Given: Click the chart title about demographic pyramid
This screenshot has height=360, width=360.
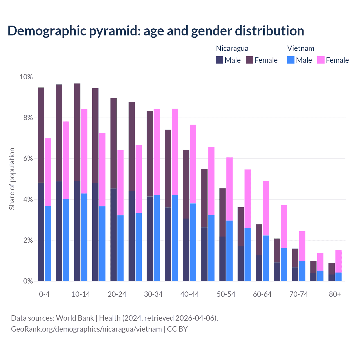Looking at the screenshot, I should pyautogui.click(x=156, y=31).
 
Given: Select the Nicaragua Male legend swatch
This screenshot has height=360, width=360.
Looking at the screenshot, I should pyautogui.click(x=219, y=60).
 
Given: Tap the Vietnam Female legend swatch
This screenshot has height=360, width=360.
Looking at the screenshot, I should pyautogui.click(x=321, y=60).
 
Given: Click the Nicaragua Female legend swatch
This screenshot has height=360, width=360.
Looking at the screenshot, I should pyautogui.click(x=249, y=60).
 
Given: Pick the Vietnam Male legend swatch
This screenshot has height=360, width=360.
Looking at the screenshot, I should pyautogui.click(x=291, y=60).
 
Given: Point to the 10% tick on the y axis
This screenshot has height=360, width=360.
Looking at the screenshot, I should pyautogui.click(x=26, y=77).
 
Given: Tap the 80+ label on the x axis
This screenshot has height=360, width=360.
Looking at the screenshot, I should pyautogui.click(x=335, y=294).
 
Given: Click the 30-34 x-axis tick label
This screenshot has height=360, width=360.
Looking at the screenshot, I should pyautogui.click(x=153, y=294).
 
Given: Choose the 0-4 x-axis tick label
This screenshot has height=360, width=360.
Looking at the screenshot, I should pyautogui.click(x=44, y=294).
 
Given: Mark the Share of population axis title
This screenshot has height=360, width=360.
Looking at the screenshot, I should pyautogui.click(x=12, y=179).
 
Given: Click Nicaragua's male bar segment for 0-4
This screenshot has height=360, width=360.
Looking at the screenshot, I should pyautogui.click(x=41, y=232).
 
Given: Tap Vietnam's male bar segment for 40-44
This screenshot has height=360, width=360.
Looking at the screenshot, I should pyautogui.click(x=193, y=242).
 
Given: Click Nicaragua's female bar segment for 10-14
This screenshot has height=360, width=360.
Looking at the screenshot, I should pyautogui.click(x=77, y=132).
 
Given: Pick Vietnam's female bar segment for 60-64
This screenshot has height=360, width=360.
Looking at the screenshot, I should pyautogui.click(x=266, y=208).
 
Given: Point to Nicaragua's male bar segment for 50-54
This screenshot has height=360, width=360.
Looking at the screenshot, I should pyautogui.click(x=222, y=259).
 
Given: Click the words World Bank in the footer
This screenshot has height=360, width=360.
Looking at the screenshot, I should pyautogui.click(x=75, y=318).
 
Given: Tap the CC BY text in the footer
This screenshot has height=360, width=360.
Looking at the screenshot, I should pyautogui.click(x=177, y=329).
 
